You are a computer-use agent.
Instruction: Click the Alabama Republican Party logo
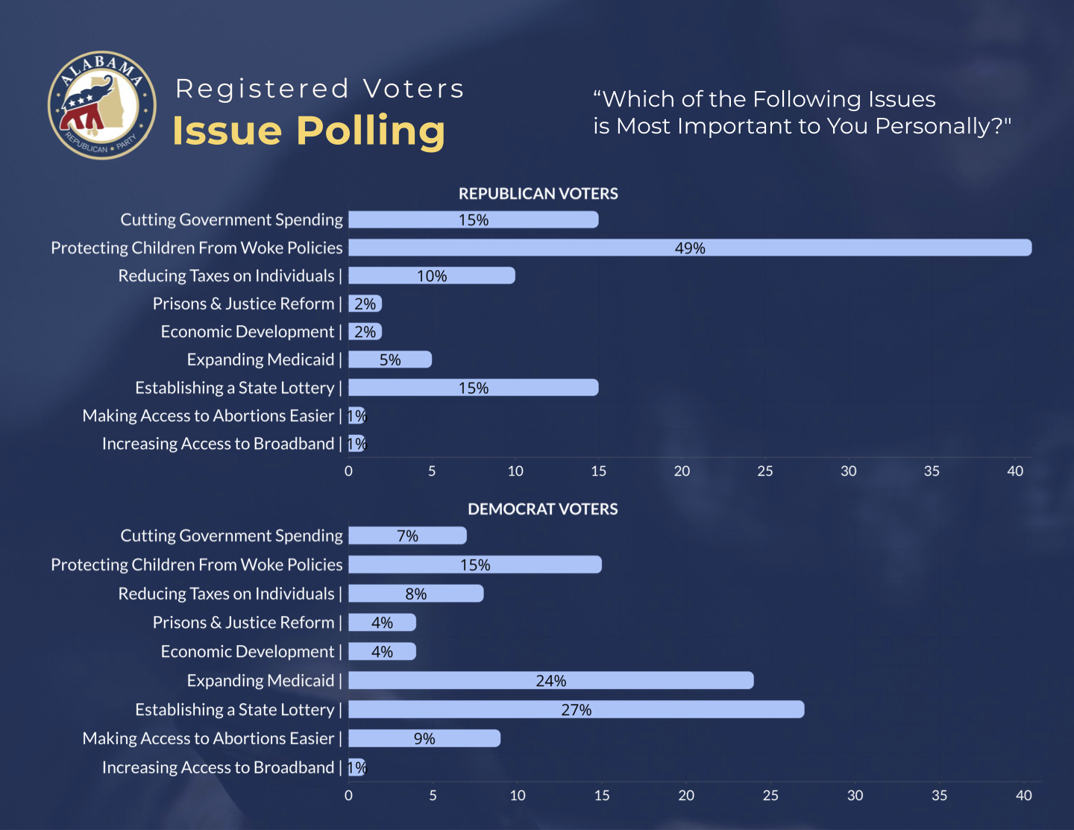(102, 105)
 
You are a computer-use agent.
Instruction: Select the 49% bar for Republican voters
(689, 248)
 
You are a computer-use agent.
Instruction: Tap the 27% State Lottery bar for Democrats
(576, 709)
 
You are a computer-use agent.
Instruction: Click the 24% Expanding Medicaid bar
(550, 680)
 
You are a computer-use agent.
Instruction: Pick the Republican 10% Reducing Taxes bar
(431, 276)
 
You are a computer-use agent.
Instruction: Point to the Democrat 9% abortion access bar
(424, 738)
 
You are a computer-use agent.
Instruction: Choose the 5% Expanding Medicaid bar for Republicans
(389, 359)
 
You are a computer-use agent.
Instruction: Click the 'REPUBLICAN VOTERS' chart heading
(538, 194)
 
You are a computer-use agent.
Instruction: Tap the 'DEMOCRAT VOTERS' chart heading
(542, 509)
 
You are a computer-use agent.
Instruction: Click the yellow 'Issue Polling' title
(309, 131)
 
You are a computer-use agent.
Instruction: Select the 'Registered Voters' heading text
(319, 89)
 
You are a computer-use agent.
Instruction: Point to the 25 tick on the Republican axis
(765, 471)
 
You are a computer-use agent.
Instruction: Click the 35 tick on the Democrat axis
(939, 796)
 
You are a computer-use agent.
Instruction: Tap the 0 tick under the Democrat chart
(348, 796)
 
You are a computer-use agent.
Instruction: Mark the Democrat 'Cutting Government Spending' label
(231, 536)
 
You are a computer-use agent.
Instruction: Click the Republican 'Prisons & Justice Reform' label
(243, 304)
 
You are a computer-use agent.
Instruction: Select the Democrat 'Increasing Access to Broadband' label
(218, 767)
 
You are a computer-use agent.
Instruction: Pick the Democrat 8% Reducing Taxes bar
(415, 594)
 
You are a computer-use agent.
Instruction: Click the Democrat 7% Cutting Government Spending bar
(407, 535)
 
